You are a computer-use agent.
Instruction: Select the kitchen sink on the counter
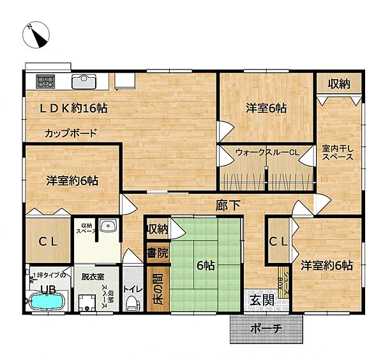point(84,82)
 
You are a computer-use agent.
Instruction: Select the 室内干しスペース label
point(338,153)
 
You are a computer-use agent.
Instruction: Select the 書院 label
point(157,252)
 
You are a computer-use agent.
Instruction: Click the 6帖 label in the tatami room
point(206,267)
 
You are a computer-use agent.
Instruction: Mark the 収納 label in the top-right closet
point(339,84)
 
